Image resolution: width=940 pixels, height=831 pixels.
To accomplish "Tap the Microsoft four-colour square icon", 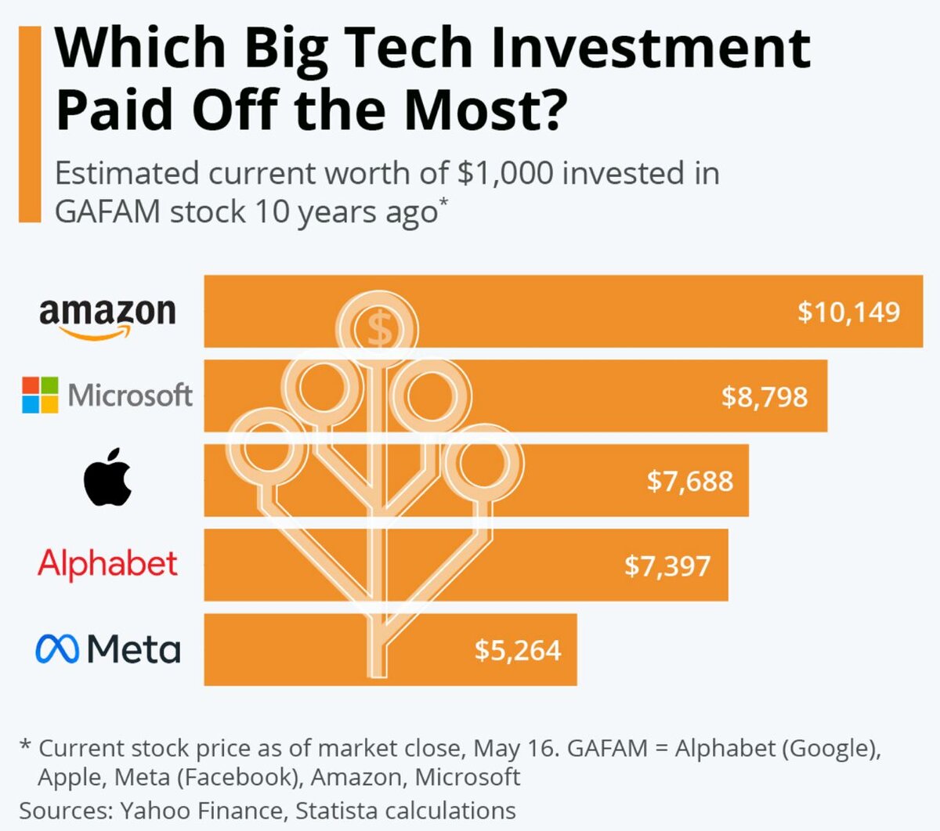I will pos(40,395).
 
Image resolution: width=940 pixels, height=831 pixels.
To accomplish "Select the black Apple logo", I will pos(107,477).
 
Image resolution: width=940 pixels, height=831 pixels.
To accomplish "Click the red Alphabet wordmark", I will pos(108,564).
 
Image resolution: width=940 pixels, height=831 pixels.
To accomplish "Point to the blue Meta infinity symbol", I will pos(57,649).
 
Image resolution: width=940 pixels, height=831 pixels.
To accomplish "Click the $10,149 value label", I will pos(849,312).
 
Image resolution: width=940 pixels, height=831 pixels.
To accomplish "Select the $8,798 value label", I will pos(765,396).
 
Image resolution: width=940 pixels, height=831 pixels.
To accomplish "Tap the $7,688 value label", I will pos(690,480).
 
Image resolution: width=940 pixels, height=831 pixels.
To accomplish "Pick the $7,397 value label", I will pos(667,565).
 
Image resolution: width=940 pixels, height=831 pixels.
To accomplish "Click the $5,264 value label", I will pos(518,650).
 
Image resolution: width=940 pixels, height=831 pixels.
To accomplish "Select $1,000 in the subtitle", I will pos(505,173).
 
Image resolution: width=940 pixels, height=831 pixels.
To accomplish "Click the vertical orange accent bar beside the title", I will pos(29,124).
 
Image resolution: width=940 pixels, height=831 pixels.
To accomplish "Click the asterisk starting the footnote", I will pos(25,746).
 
